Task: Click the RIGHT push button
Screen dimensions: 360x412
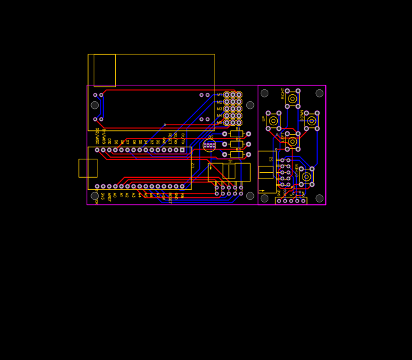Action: [x=292, y=99]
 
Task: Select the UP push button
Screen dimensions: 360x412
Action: [x=273, y=121]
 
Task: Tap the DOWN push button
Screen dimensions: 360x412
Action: [x=311, y=121]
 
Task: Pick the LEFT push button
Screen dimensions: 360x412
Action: [x=292, y=142]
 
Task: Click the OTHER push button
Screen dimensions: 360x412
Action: [x=306, y=177]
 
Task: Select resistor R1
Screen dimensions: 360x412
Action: [x=237, y=134]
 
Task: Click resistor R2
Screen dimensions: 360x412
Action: [x=237, y=144]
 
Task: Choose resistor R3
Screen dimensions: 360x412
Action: [x=237, y=154]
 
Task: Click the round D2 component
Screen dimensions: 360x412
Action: [x=209, y=146]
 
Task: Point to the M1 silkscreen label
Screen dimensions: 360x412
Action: [x=220, y=95]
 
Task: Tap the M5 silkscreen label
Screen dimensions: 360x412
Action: [x=220, y=123]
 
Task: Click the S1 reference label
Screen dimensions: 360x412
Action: [x=230, y=161]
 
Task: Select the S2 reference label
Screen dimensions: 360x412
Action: [x=272, y=159]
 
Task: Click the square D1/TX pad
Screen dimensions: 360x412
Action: [x=182, y=150]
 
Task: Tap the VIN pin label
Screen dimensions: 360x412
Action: [x=182, y=196]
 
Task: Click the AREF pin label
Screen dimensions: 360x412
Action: [x=109, y=197]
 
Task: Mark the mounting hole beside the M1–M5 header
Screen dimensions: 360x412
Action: [x=250, y=105]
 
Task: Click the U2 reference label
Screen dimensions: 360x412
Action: [x=193, y=165]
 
